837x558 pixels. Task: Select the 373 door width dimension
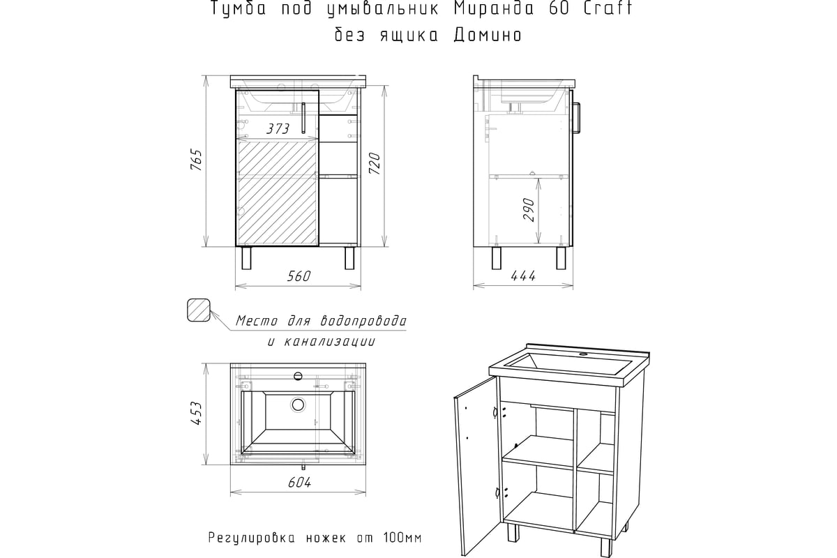[x=278, y=129]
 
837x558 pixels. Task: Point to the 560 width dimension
[x=298, y=276]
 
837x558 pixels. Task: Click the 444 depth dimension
[x=523, y=276]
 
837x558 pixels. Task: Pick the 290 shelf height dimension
[x=528, y=210]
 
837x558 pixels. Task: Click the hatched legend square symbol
[x=198, y=310]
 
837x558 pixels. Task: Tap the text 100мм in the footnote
[x=403, y=538]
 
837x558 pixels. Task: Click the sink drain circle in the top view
[x=299, y=404]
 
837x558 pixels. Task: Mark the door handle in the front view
[x=305, y=118]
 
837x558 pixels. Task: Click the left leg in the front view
[x=246, y=258]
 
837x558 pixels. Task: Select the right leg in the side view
[x=561, y=258]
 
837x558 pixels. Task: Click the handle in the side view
[x=578, y=117]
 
